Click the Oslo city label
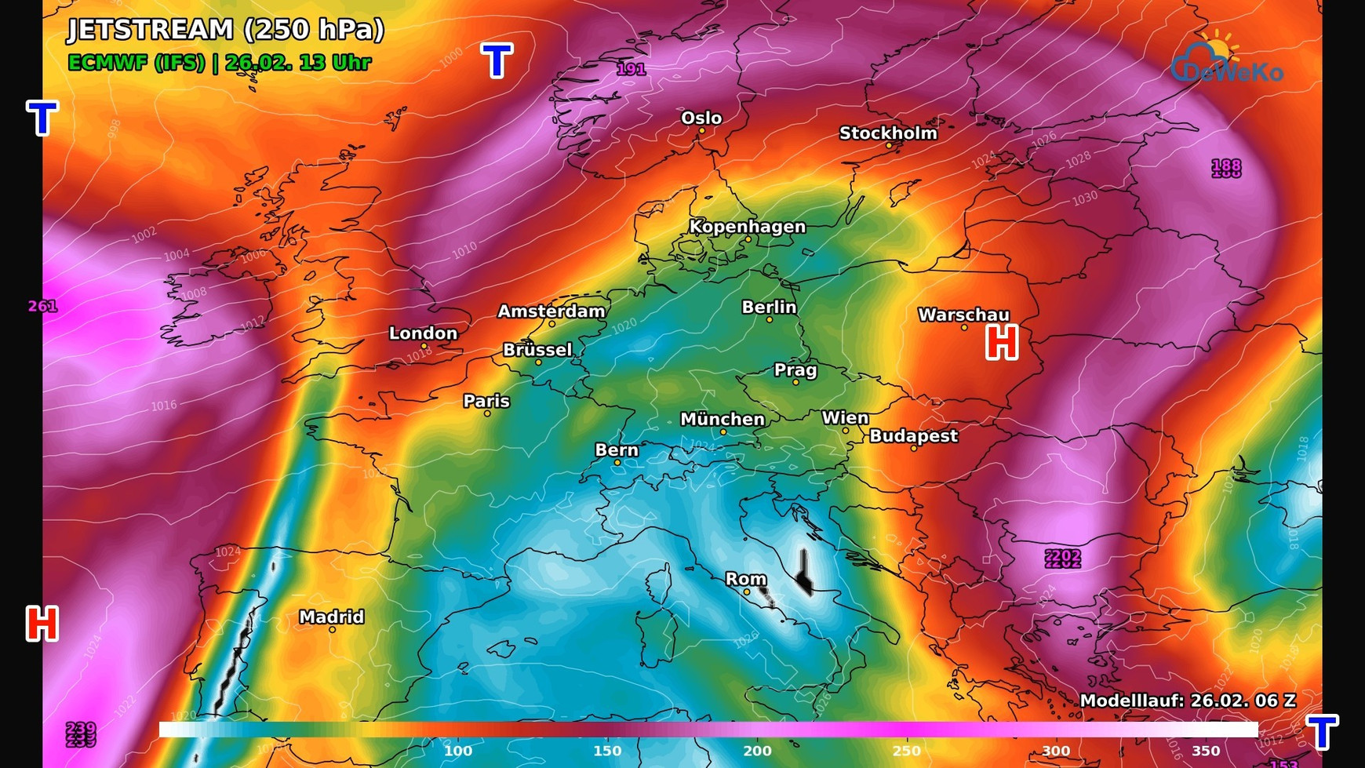click(x=701, y=118)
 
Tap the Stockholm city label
click(x=888, y=133)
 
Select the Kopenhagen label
click(x=747, y=227)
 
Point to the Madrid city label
click(x=331, y=617)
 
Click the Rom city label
click(x=745, y=579)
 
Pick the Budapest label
click(x=913, y=436)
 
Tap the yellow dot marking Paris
click(x=487, y=413)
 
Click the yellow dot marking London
click(x=424, y=346)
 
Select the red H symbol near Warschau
click(x=1002, y=343)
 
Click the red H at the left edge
click(x=42, y=624)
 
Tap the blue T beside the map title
click(x=497, y=60)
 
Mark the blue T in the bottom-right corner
click(x=1322, y=732)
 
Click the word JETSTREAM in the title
click(x=151, y=30)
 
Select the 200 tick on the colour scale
click(x=757, y=751)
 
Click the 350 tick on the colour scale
click(x=1206, y=751)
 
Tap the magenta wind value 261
click(x=42, y=306)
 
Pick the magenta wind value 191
click(x=631, y=69)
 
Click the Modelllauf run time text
click(x=1188, y=701)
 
